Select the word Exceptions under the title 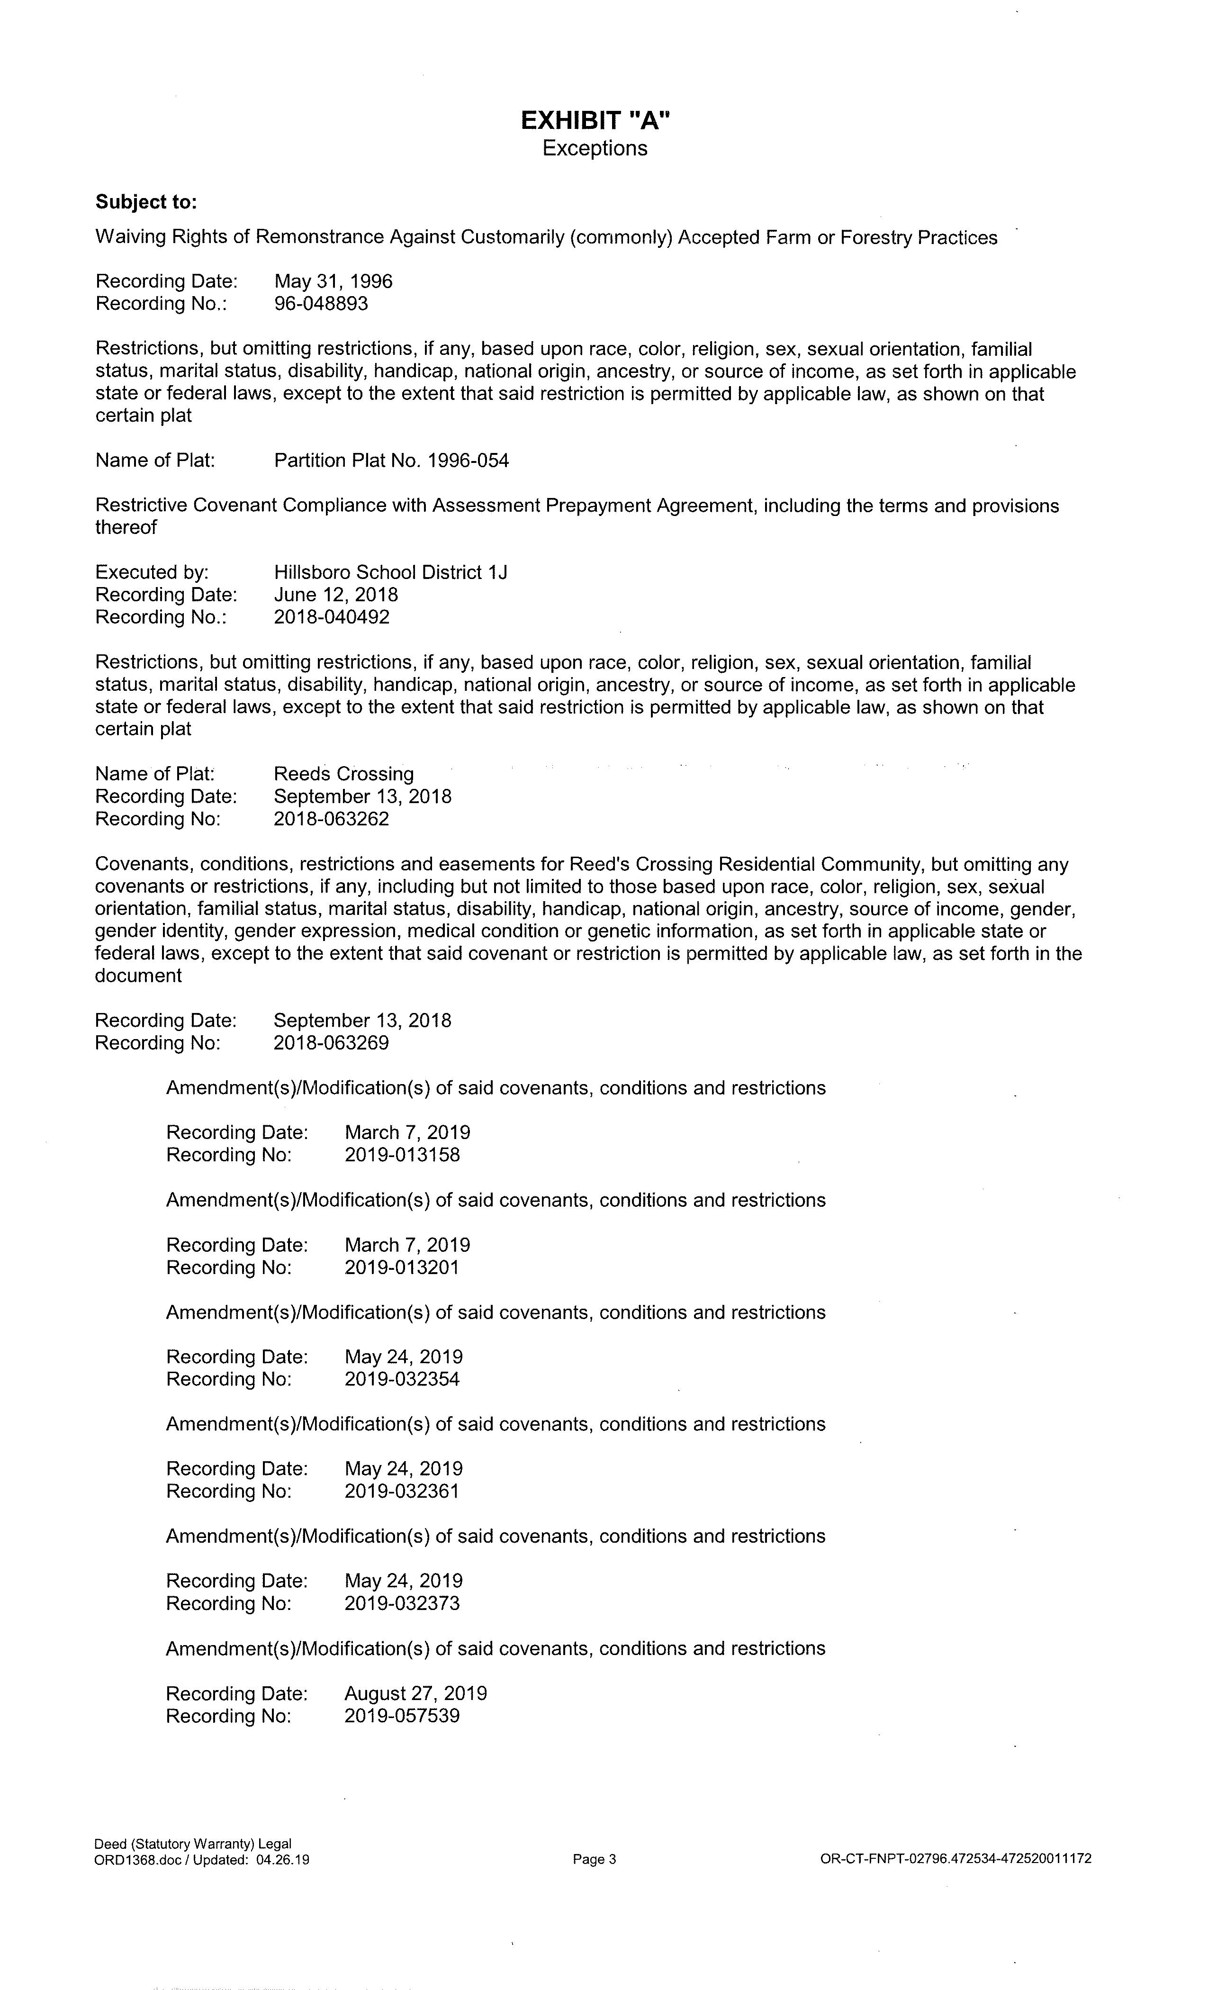595,149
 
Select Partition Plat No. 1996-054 392,461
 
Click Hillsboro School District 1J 391,573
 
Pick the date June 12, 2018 336,595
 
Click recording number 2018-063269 332,1043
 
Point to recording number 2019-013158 402,1155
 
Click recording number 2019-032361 402,1491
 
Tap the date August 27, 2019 416,1693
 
